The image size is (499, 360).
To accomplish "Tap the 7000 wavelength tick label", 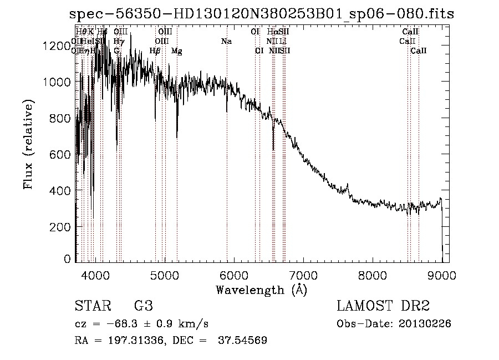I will point(303,275).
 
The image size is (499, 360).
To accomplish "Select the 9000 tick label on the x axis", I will point(441,275).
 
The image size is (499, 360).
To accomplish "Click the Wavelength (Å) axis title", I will point(261,289).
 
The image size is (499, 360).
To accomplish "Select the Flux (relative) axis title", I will point(29,144).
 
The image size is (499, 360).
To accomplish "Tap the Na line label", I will point(226,41).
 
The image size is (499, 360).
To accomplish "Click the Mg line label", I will point(176,51).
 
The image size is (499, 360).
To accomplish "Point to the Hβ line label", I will point(155,51).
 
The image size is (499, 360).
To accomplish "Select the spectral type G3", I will point(143,306).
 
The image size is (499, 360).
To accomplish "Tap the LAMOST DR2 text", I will point(383,306).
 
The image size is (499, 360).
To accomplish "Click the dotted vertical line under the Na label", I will point(227,166).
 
